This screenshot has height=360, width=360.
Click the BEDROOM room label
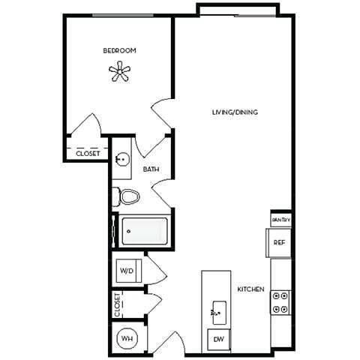(x=119, y=50)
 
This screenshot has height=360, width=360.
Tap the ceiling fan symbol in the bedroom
(x=119, y=72)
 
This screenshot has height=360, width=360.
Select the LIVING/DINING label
(x=234, y=112)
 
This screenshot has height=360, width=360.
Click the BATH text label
(x=151, y=170)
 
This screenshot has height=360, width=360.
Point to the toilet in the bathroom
(x=128, y=197)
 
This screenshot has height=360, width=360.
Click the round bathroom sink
(x=123, y=160)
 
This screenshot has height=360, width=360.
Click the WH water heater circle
(x=125, y=338)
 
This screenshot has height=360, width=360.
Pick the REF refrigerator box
(x=279, y=242)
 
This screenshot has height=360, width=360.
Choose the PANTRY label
(x=281, y=220)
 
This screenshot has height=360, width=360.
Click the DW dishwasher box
(x=219, y=340)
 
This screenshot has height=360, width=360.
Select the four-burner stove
(x=280, y=301)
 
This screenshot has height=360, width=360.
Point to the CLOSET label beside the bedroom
(x=88, y=153)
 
